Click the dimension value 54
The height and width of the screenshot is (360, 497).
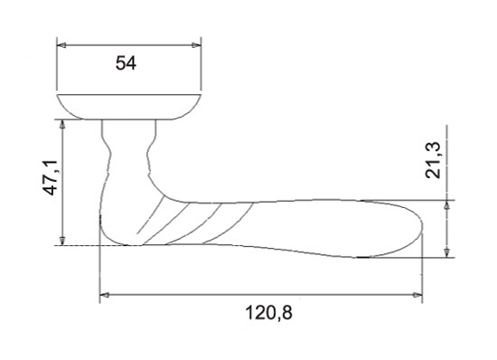pyautogui.click(x=126, y=62)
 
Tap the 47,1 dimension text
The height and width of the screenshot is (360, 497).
pyautogui.click(x=50, y=177)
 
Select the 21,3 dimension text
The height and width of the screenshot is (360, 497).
pyautogui.click(x=433, y=160)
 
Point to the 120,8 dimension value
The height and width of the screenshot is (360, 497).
pyautogui.click(x=268, y=313)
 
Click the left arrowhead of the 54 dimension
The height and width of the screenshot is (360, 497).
pyautogui.click(x=61, y=45)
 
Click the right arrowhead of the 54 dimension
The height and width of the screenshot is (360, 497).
pyautogui.click(x=196, y=45)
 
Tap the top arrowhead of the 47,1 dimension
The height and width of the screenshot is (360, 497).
pyautogui.click(x=62, y=124)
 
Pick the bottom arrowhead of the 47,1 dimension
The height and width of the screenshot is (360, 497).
pyautogui.click(x=62, y=241)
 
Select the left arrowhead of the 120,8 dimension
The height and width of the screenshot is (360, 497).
pyautogui.click(x=105, y=295)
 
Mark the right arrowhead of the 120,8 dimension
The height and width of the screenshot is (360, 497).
pyautogui.click(x=417, y=295)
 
